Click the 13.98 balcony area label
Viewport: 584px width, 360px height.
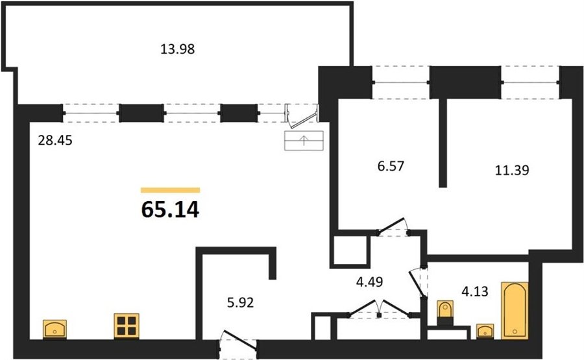(178, 49)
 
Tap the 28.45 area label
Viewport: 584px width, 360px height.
(55, 140)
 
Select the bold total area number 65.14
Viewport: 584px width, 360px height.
(170, 210)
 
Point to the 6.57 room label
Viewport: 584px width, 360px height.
(391, 165)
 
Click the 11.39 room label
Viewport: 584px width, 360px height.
(512, 170)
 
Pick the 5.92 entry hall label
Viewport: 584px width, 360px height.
(240, 302)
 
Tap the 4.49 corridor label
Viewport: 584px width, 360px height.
(369, 282)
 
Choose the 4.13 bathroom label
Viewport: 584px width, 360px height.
(475, 291)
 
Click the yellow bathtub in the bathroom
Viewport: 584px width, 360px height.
(515, 311)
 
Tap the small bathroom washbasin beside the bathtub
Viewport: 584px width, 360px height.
(485, 331)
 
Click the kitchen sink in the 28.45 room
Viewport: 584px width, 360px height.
(55, 330)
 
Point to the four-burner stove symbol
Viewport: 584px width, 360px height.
(127, 326)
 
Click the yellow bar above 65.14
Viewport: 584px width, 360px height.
(170, 190)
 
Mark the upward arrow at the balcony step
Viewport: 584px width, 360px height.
(304, 140)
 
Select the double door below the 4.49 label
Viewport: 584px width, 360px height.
(379, 309)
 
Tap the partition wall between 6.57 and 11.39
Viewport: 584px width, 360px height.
(443, 143)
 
